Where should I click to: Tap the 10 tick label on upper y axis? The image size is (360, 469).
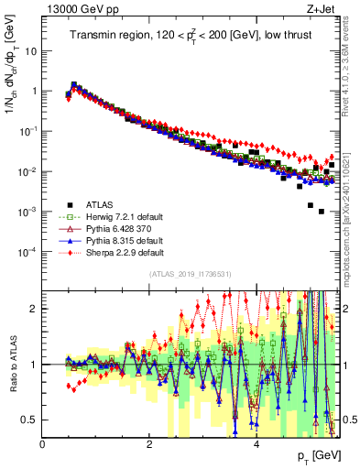pos(30,51)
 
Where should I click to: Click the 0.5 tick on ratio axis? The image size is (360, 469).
pos(29,420)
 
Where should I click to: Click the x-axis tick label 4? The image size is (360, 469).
pos(256,444)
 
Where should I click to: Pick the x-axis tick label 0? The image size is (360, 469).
pos(43,444)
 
